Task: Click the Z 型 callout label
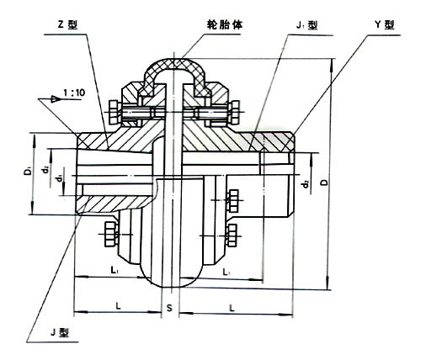pyautogui.click(x=67, y=25)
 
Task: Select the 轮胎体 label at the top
pyautogui.click(x=225, y=25)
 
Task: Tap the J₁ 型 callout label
pyautogui.click(x=306, y=25)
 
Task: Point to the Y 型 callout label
pyautogui.click(x=385, y=24)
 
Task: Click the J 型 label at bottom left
pyautogui.click(x=60, y=332)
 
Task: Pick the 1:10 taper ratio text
pyautogui.click(x=74, y=93)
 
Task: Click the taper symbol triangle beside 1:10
pyautogui.click(x=56, y=98)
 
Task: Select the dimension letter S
pyautogui.click(x=169, y=308)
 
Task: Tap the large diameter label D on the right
pyautogui.click(x=324, y=183)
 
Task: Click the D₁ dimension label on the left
pyautogui.click(x=28, y=171)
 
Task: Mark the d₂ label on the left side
pyautogui.click(x=45, y=170)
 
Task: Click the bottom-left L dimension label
pyautogui.click(x=119, y=305)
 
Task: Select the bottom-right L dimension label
pyautogui.click(x=232, y=309)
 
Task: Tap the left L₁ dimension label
pyautogui.click(x=115, y=271)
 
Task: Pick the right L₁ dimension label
pyautogui.click(x=226, y=272)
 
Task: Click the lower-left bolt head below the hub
pyautogui.click(x=110, y=235)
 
